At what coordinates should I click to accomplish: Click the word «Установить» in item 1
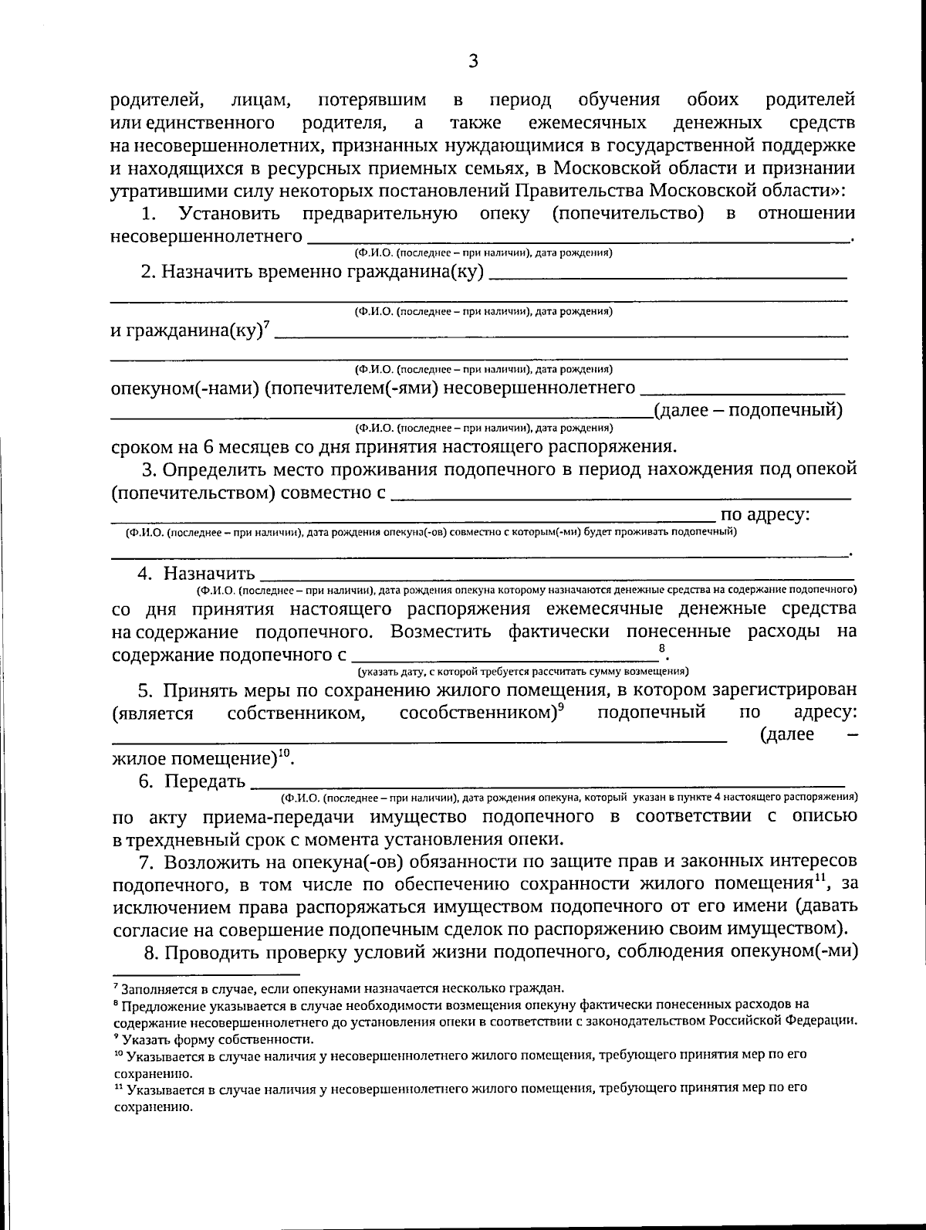pos(229,214)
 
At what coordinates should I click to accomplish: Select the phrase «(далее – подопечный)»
pos(748,410)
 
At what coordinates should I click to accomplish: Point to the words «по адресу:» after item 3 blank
pos(765,515)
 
